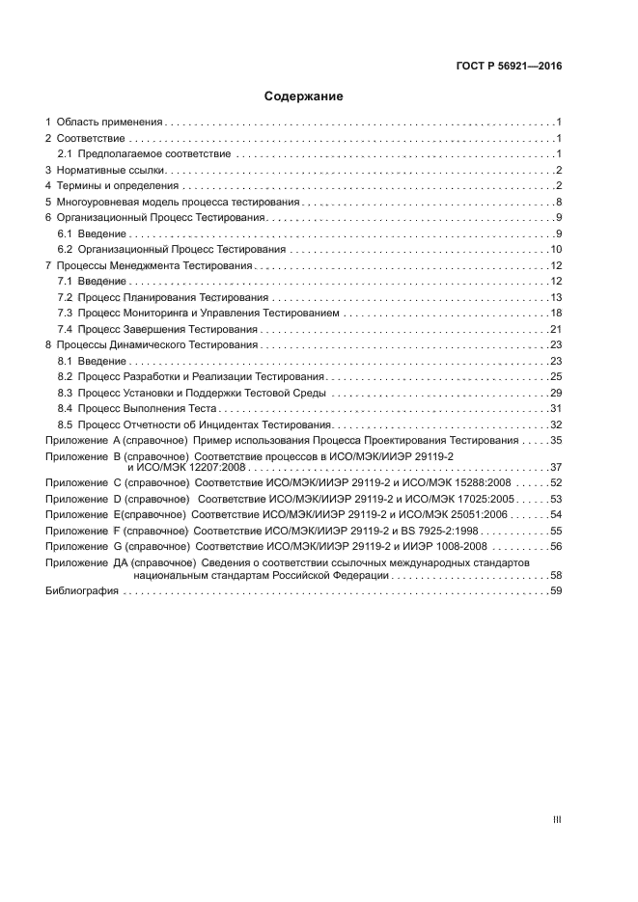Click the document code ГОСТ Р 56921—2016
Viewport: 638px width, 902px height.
click(508, 67)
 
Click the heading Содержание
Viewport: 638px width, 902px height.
click(304, 96)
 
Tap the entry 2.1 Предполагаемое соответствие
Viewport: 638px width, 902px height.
click(144, 154)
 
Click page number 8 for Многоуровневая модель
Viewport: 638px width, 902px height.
click(559, 202)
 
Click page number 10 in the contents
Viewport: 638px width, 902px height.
click(556, 250)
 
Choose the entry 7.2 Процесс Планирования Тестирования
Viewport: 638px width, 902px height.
click(164, 297)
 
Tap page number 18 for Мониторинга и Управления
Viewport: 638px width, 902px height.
click(556, 313)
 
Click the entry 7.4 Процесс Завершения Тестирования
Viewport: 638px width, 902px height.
click(161, 329)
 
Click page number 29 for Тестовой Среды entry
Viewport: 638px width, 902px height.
click(556, 392)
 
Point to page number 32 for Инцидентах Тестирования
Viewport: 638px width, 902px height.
click(556, 424)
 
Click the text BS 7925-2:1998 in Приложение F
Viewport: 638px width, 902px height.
click(446, 531)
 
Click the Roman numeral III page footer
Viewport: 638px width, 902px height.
click(557, 819)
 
